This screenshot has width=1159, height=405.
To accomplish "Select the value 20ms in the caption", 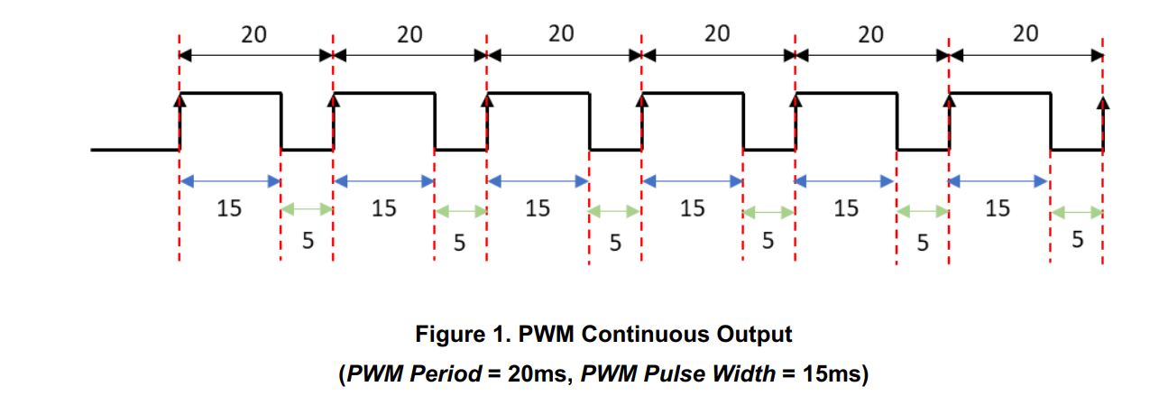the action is [539, 373].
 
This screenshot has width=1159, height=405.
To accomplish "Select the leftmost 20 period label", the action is [253, 34].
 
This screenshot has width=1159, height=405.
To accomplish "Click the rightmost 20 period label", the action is [1026, 33].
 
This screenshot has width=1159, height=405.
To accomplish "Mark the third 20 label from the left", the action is [561, 33].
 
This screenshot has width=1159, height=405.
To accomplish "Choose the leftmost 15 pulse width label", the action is [229, 208].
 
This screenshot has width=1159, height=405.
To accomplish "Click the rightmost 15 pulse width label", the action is [998, 208].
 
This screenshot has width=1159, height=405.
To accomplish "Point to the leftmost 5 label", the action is [308, 241].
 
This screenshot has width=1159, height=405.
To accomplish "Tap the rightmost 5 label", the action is [1077, 240].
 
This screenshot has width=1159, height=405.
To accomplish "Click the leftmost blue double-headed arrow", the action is [230, 181].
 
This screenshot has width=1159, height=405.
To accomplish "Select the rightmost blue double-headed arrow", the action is [998, 181].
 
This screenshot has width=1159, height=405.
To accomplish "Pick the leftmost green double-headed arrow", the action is [307, 209].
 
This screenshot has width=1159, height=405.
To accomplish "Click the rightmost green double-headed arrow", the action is [1077, 212].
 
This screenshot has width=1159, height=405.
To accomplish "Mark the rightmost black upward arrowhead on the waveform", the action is [1102, 103].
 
